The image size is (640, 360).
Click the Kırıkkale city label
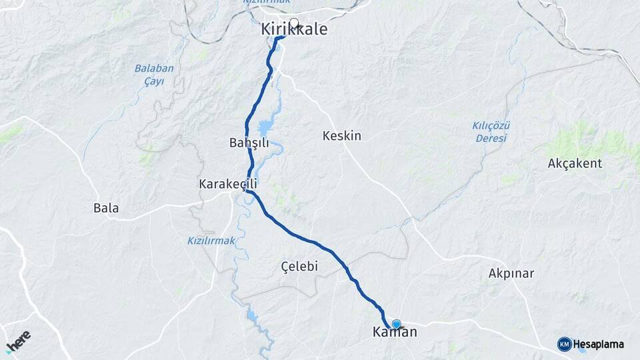[x=294, y=30]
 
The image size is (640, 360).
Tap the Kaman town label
[x=395, y=332]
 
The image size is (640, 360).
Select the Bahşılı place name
[x=249, y=143]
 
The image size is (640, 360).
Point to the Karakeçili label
[x=227, y=183]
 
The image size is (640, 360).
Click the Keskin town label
[x=341, y=136]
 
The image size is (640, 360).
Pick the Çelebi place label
[x=299, y=267]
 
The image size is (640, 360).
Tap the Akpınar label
[x=511, y=273]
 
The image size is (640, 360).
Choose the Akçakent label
[x=575, y=163]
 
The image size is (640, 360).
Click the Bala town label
[x=106, y=208]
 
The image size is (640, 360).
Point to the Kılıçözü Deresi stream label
[x=491, y=131]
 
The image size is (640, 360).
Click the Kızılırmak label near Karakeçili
[x=211, y=241]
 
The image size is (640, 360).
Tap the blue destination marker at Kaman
[x=397, y=324]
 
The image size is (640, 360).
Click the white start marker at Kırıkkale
[x=293, y=22]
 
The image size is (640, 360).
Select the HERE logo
[x=18, y=341]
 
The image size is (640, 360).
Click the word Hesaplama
[x=599, y=344]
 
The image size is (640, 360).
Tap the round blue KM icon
[x=565, y=344]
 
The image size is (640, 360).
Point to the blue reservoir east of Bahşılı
[x=267, y=126]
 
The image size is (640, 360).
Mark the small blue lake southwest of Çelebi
[x=252, y=315]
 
